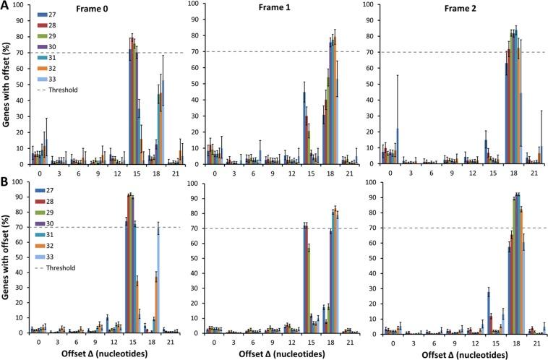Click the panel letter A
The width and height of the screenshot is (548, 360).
(7, 7)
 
